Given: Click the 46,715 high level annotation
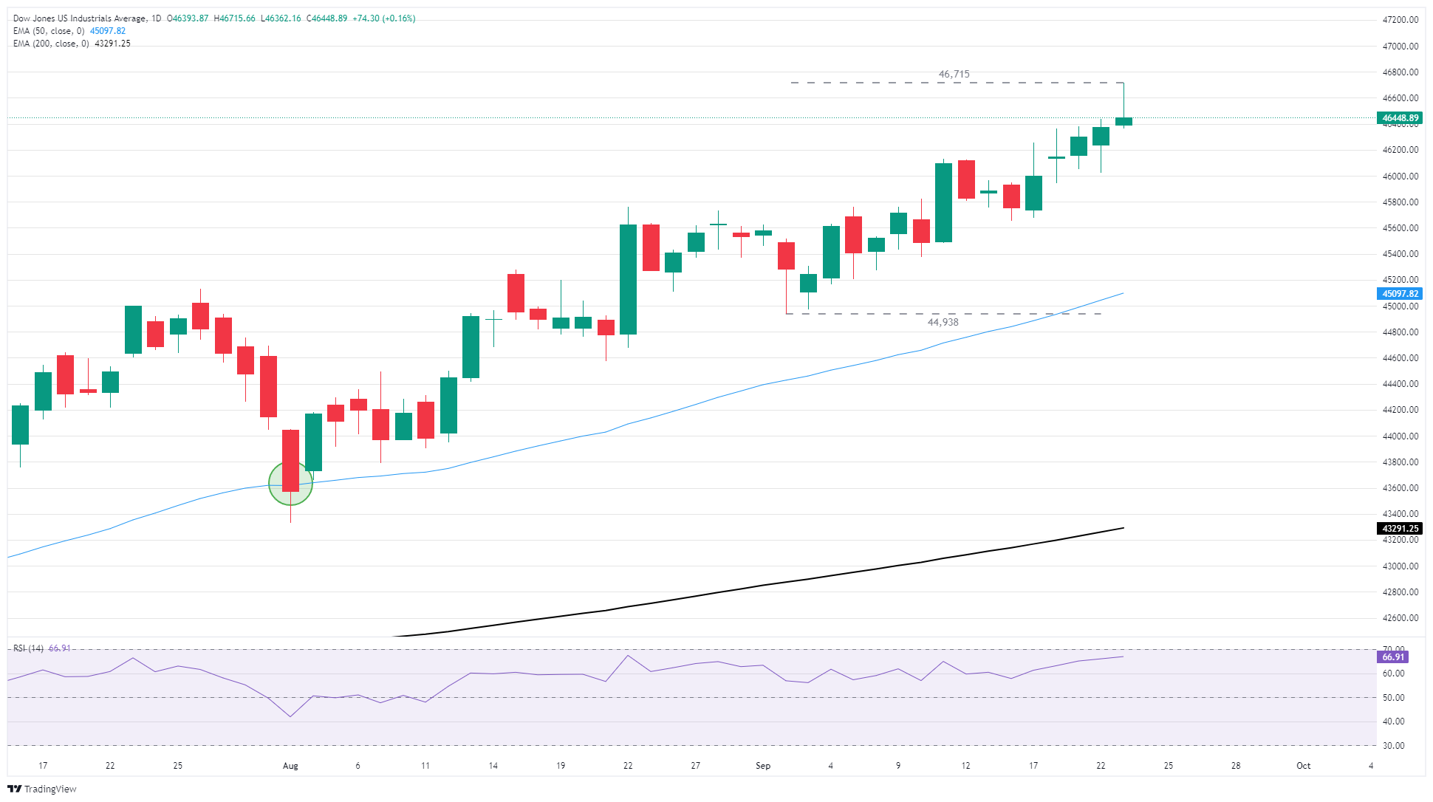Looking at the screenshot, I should pos(954,74).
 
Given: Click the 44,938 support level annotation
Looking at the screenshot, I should pos(943,322).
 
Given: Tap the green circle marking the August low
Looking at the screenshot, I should pos(290,484).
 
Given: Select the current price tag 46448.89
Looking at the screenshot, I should pos(1400,118).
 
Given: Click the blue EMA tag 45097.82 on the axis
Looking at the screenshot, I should pos(1400,294).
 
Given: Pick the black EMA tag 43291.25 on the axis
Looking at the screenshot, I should pos(1400,529).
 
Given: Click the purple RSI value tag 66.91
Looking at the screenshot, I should pos(1393,657).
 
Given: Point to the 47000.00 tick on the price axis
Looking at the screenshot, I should pos(1400,47).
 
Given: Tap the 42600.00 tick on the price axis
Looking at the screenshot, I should pos(1400,618).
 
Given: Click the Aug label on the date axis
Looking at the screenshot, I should pos(290,766).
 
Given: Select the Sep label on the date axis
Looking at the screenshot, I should pos(763,766).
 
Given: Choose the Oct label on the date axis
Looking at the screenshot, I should pos(1303,766).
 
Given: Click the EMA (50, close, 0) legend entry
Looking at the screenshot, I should pos(49,31).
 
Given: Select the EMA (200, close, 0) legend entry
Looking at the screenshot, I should pos(51,44).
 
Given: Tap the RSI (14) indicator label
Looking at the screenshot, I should pos(28,648).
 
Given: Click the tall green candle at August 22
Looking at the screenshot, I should pos(628,279).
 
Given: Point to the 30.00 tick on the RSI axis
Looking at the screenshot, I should pos(1393,746).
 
